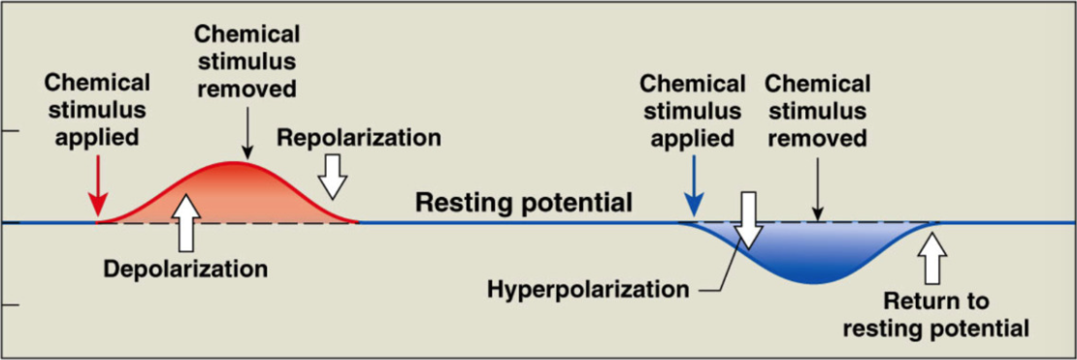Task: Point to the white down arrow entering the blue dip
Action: (x=748, y=221)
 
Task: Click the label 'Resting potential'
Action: (x=524, y=203)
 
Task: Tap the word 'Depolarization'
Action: (x=185, y=267)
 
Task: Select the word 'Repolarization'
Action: (x=358, y=137)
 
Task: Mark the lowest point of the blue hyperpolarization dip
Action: (x=813, y=282)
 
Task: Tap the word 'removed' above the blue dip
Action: (x=817, y=139)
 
